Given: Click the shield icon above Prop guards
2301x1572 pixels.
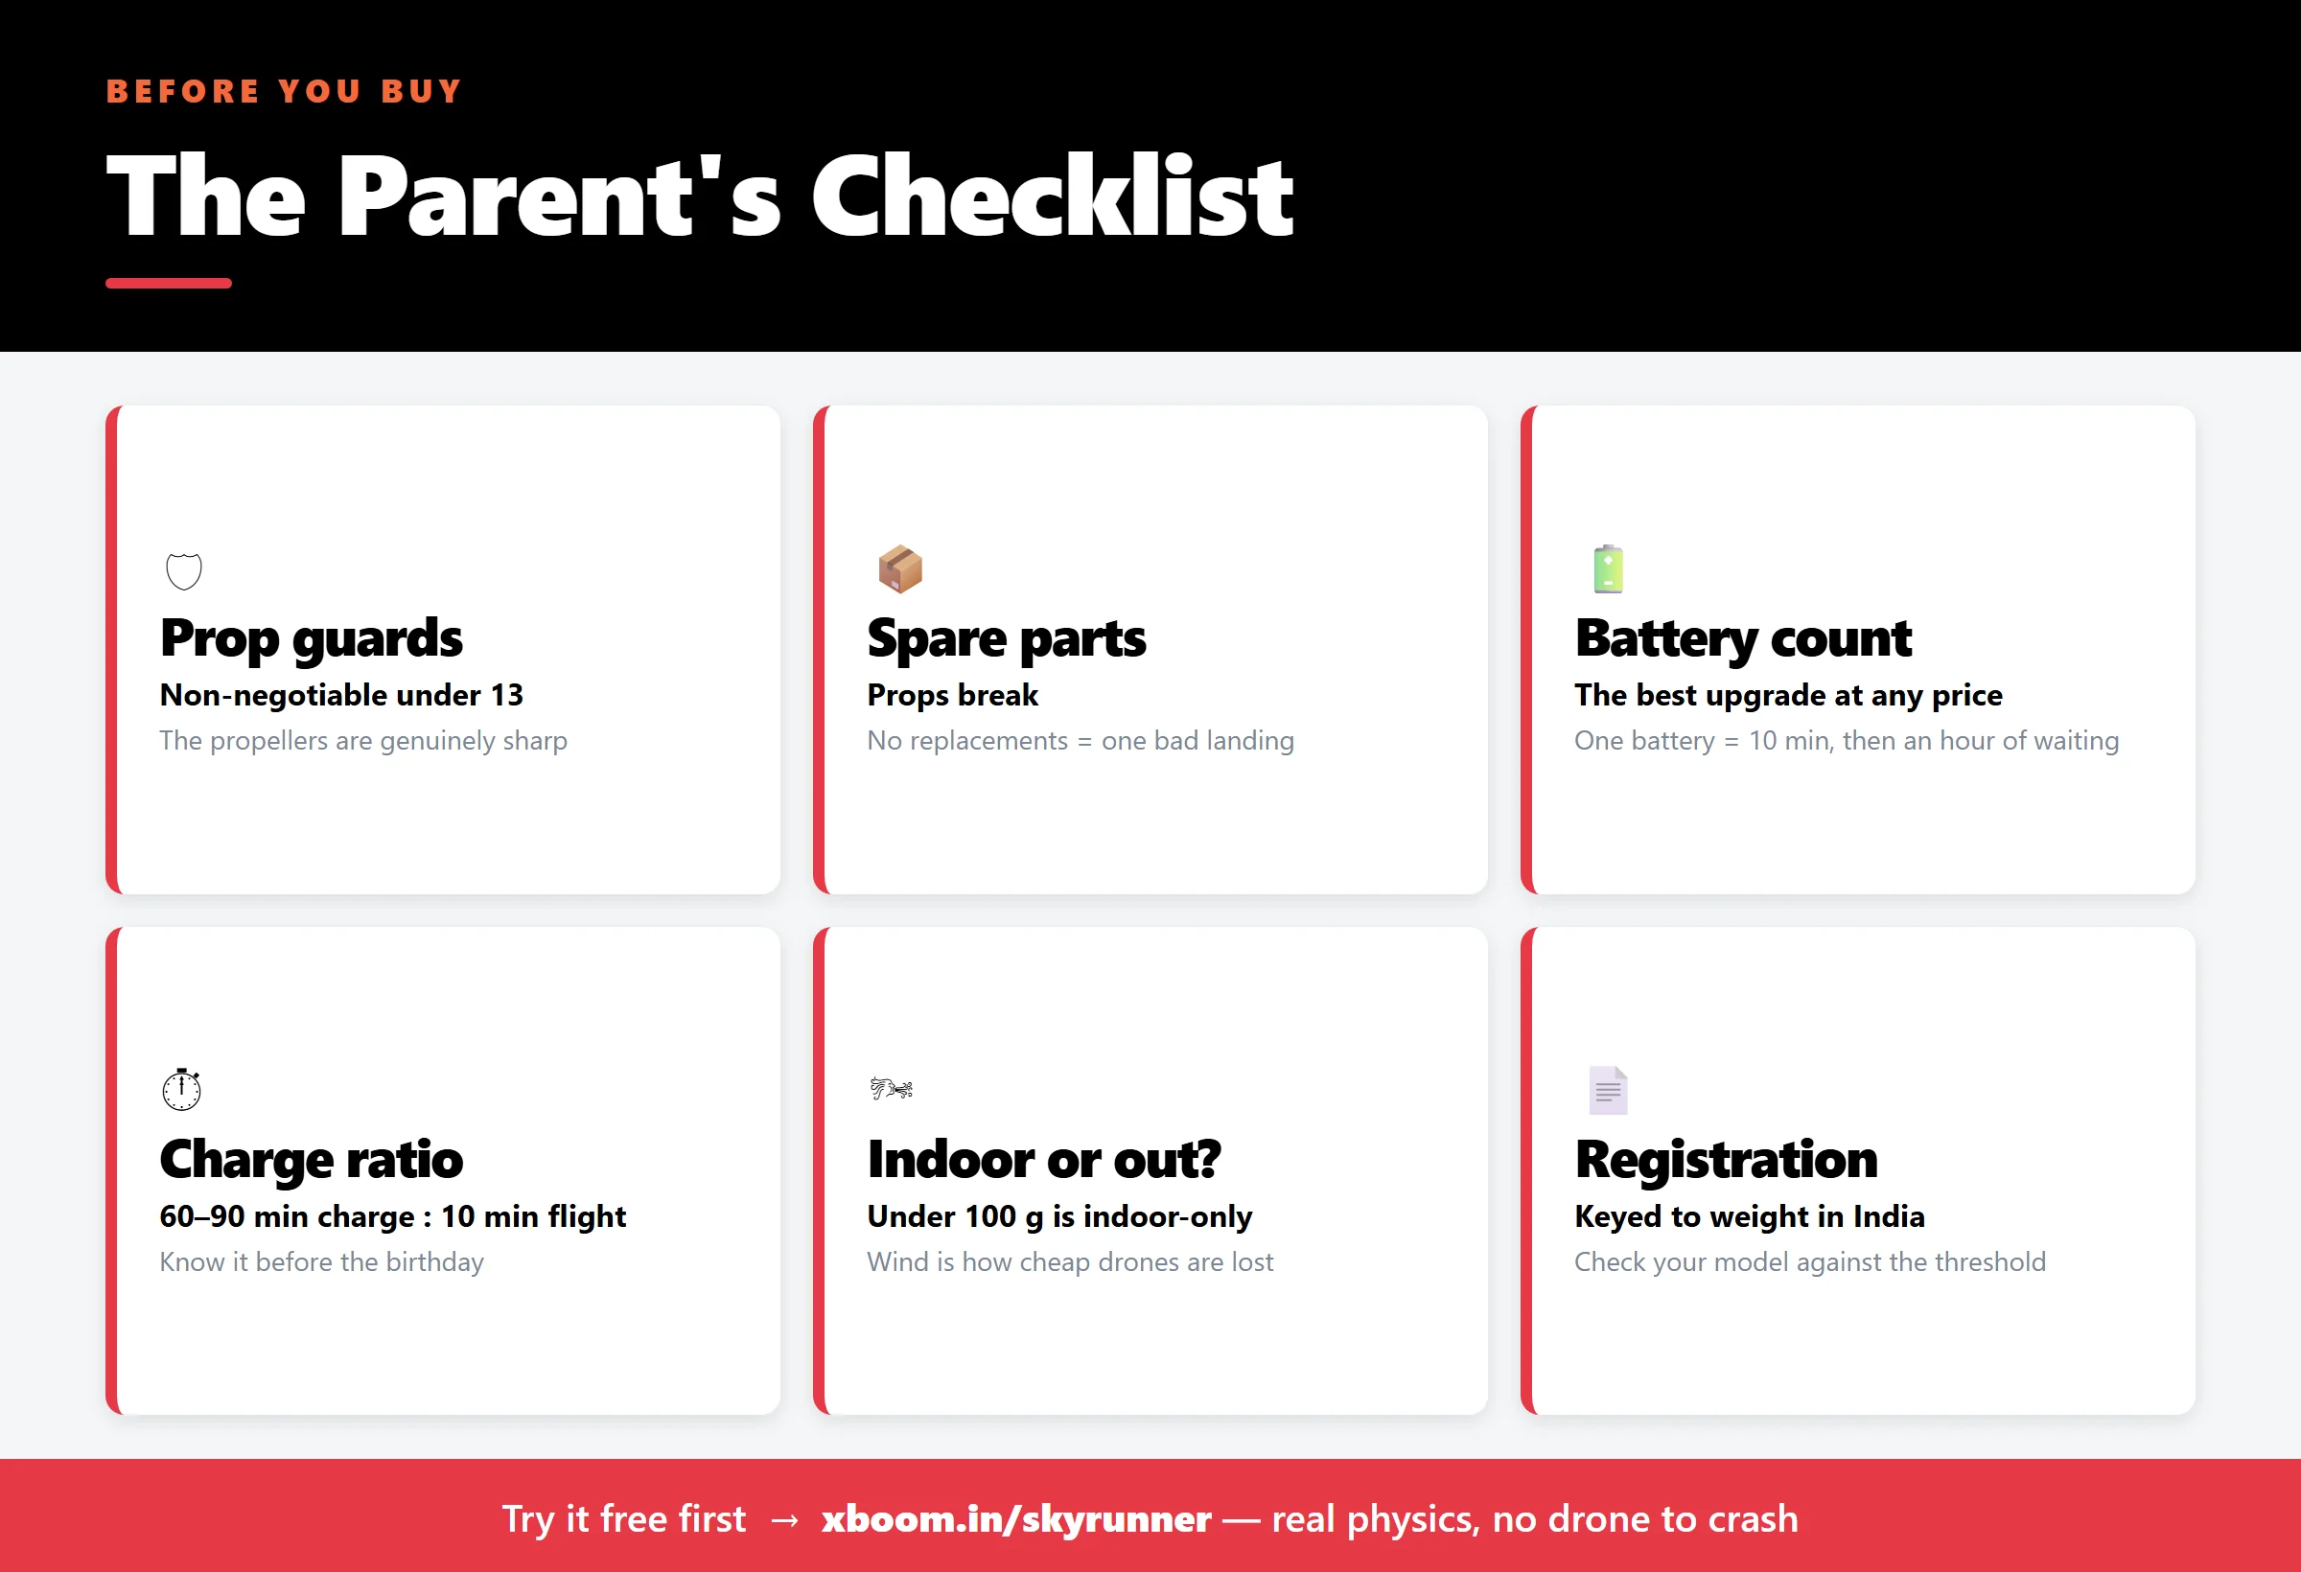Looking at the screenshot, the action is [x=183, y=571].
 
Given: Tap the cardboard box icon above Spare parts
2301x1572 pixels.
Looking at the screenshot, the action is [x=900, y=569].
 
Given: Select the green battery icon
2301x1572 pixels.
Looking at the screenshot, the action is [x=1608, y=569].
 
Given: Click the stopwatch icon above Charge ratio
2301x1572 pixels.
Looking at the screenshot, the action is [x=182, y=1089].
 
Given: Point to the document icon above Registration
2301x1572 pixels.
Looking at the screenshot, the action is [x=1608, y=1090].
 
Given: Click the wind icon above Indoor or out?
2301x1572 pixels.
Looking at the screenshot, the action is [x=891, y=1089].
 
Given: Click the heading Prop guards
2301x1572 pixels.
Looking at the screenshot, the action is [x=311, y=638].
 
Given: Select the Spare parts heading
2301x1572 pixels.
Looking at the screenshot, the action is [x=1006, y=638].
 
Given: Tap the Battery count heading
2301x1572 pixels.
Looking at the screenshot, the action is [x=1743, y=638].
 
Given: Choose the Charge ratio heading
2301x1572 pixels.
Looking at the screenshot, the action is [x=311, y=1159].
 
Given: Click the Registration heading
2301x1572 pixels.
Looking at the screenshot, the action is [x=1726, y=1159].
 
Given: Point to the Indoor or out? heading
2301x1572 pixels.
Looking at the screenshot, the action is [x=1043, y=1159].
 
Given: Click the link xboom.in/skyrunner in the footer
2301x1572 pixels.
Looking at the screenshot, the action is [x=1016, y=1518].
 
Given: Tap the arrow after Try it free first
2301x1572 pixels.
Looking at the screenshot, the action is [x=784, y=1519].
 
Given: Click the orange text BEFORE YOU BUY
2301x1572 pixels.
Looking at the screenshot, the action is [x=284, y=91].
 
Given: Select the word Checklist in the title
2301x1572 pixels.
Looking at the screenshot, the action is [x=1052, y=196].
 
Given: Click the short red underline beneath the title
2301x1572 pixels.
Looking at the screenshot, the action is [x=169, y=283].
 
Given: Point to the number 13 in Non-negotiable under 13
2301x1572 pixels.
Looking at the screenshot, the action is [x=506, y=695].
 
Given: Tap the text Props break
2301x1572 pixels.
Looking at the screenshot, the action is [x=952, y=696].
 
